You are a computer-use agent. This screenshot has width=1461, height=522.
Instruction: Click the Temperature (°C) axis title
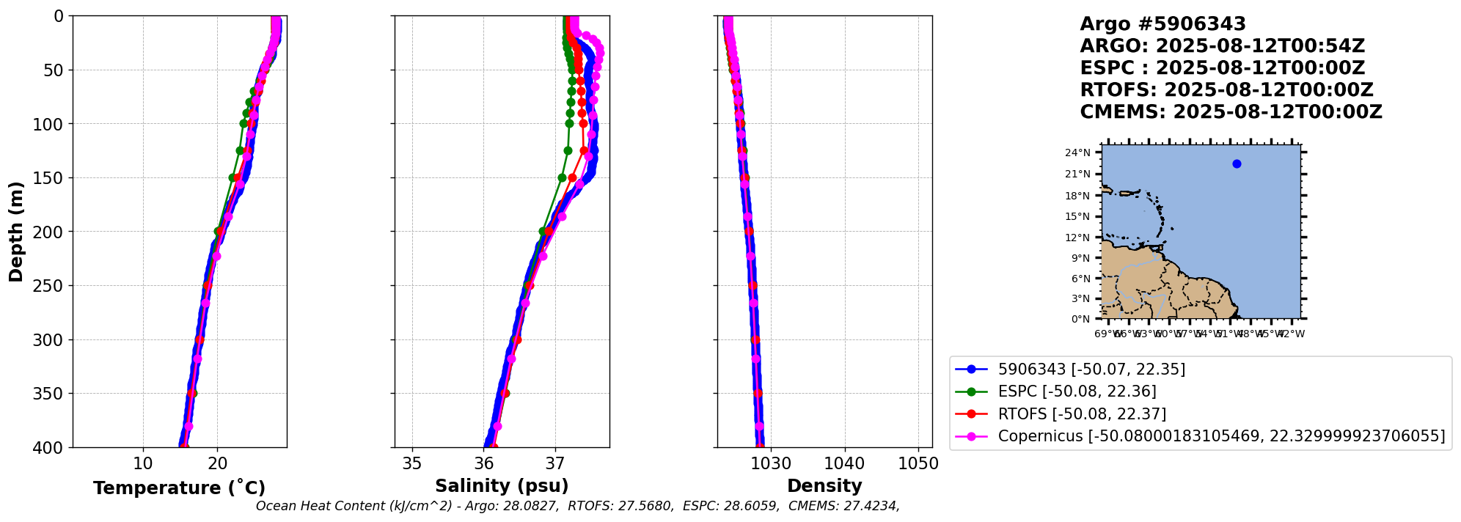(x=179, y=488)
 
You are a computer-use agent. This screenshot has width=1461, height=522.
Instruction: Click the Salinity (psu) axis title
(x=502, y=486)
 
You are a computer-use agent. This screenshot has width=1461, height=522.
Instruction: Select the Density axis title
(x=824, y=486)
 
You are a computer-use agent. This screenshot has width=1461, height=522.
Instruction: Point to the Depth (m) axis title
(x=16, y=231)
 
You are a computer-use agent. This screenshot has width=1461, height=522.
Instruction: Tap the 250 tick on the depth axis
(x=51, y=286)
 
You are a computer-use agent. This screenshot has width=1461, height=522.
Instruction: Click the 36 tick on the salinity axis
(x=484, y=463)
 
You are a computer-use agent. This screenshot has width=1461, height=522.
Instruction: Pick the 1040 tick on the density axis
(x=845, y=463)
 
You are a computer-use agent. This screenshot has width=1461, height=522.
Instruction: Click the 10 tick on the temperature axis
(x=143, y=463)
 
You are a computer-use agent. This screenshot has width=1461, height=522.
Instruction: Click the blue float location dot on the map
(x=1237, y=163)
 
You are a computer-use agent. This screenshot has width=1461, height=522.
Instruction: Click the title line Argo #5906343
(x=1162, y=24)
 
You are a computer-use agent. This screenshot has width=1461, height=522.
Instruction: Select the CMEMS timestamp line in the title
(x=1231, y=112)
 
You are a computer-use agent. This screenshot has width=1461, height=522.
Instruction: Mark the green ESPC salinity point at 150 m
(x=562, y=177)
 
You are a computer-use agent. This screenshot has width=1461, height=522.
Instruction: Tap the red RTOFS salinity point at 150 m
(x=573, y=177)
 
